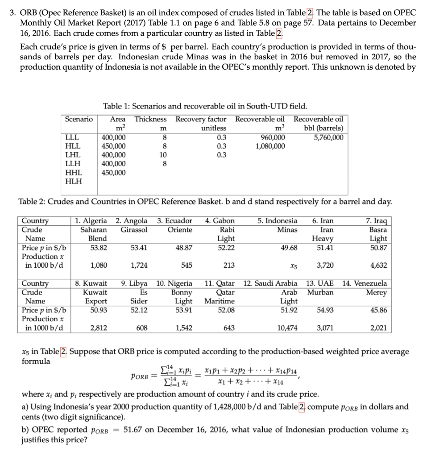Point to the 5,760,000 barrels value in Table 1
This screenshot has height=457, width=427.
329,137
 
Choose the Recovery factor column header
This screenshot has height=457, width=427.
201,119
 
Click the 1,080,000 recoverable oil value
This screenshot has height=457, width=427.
269,146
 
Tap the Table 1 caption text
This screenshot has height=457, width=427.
205,106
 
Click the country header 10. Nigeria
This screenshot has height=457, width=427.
174,283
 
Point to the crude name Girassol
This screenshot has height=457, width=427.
133,229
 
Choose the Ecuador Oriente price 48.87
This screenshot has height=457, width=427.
183,247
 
